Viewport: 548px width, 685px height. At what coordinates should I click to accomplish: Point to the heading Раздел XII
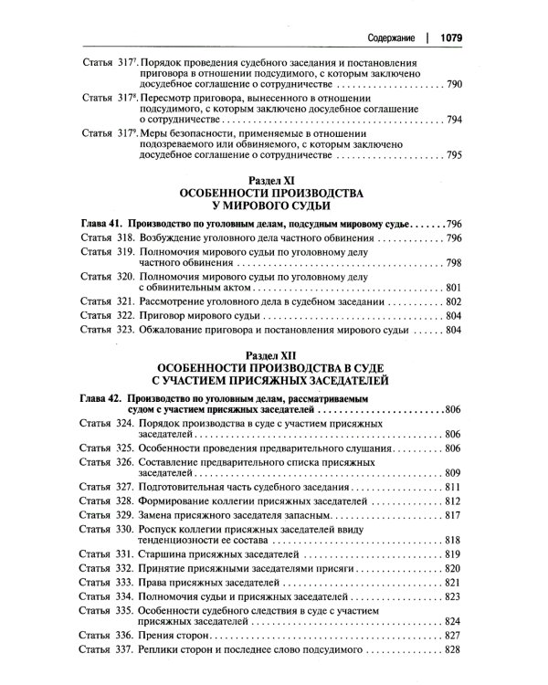[273, 352]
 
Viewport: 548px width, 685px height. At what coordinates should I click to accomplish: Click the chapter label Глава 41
[96, 223]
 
